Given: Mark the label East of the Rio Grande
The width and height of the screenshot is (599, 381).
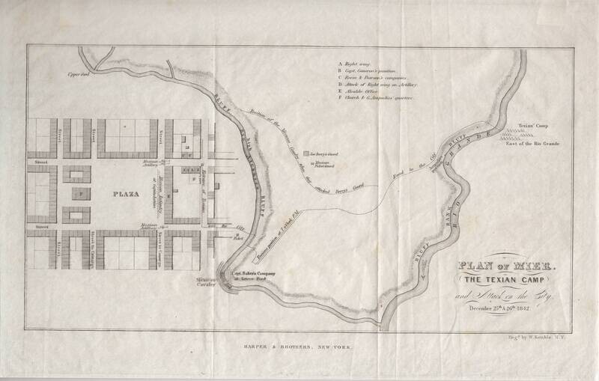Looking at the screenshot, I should (538, 143).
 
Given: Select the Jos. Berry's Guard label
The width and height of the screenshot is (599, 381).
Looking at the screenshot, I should (326, 152).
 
